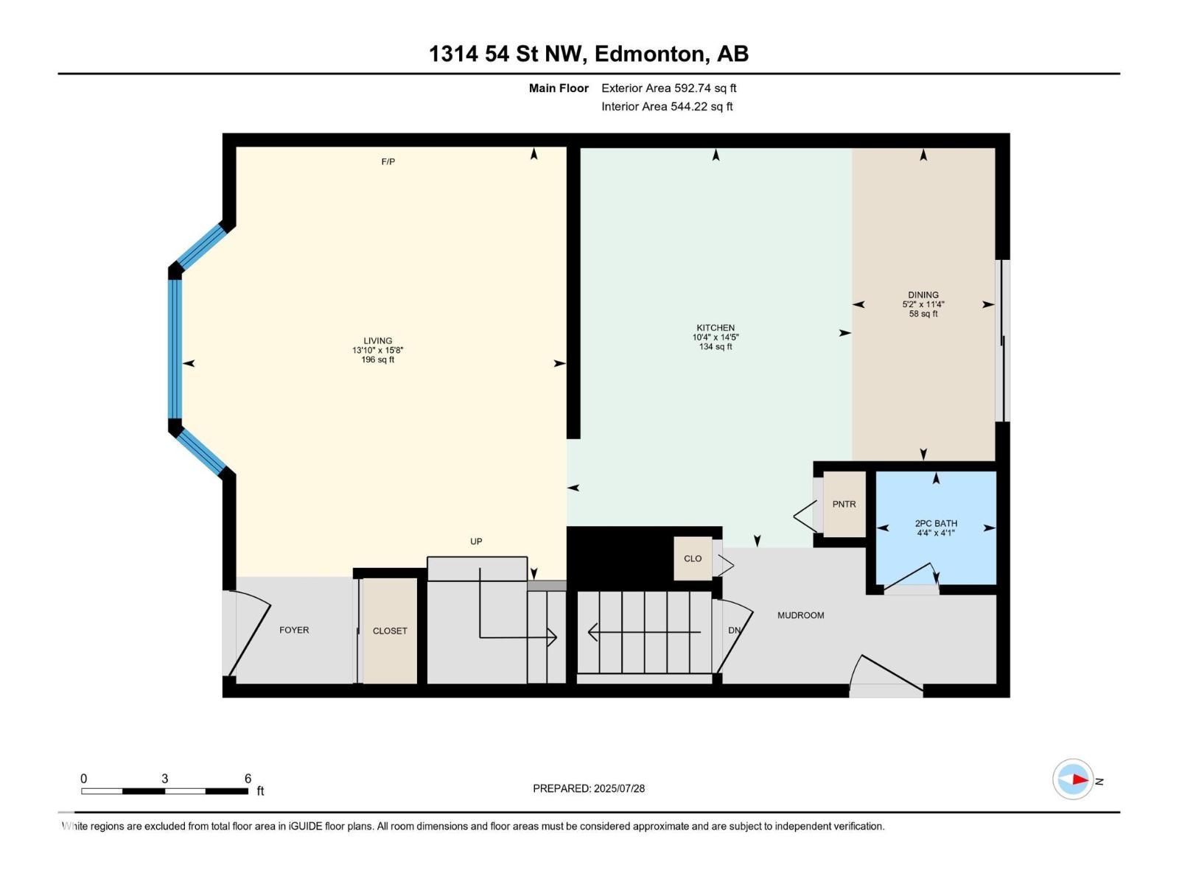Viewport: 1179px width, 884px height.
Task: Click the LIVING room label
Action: click(x=377, y=340)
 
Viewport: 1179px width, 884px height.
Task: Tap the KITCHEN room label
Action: click(x=716, y=327)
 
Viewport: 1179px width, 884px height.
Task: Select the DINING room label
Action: click(x=923, y=295)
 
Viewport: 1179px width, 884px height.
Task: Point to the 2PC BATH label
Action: click(x=937, y=523)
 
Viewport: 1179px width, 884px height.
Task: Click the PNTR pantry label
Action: click(x=844, y=504)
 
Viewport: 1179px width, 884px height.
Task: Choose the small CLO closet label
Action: click(x=693, y=558)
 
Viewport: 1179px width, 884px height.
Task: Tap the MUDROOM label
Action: click(x=801, y=615)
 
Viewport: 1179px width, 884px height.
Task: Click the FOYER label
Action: click(x=294, y=630)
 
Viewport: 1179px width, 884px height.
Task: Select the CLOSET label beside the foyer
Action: click(x=390, y=631)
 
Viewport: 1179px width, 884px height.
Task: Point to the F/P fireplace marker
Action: click(x=388, y=161)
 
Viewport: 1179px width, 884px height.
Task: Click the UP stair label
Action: click(x=477, y=541)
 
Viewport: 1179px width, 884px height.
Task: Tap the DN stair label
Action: click(x=734, y=630)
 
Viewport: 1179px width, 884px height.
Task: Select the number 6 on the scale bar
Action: click(x=248, y=778)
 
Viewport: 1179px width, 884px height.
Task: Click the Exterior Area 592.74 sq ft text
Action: click(x=669, y=88)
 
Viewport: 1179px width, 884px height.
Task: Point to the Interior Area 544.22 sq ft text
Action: click(x=667, y=106)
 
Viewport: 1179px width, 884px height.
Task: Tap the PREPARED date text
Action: click(x=589, y=788)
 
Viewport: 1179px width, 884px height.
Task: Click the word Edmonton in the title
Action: click(x=649, y=54)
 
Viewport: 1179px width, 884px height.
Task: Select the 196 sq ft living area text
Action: click(x=377, y=359)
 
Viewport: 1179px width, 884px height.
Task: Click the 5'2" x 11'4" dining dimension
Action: click(x=923, y=304)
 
